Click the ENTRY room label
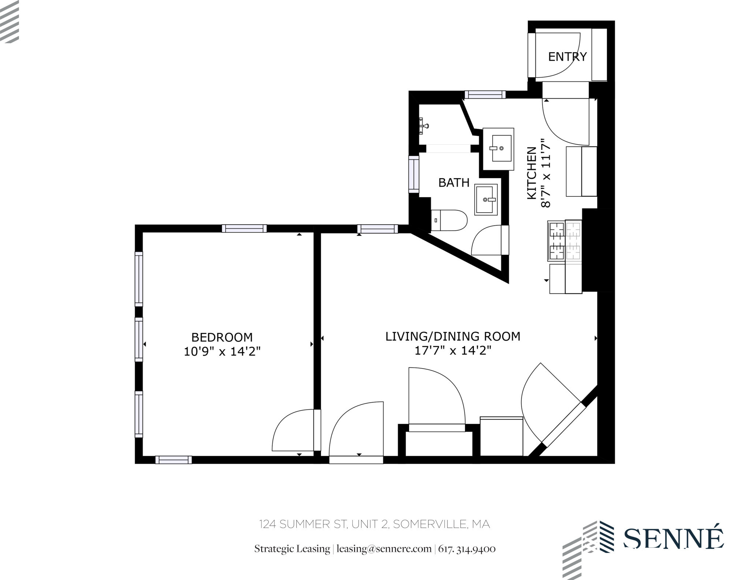pos(567,57)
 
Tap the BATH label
pos(454,182)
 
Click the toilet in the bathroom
pos(449,220)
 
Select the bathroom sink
pos(486,199)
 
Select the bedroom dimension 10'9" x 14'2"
pos(222,352)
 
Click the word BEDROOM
pos(222,337)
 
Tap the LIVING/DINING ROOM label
pos(453,336)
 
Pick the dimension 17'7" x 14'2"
pos(453,351)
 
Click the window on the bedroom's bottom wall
pos(174,460)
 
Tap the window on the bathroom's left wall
pos(414,174)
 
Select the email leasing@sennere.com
pos(384,549)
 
